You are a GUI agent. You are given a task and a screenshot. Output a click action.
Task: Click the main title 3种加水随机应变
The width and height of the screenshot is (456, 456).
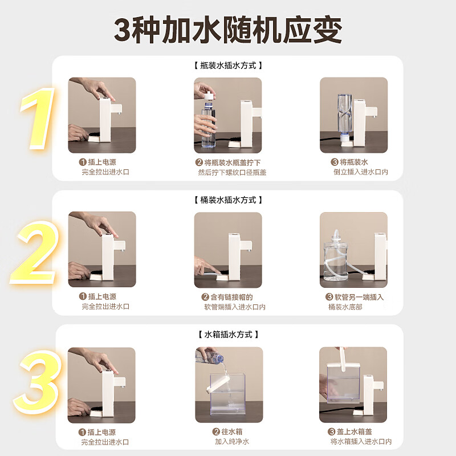[x=228, y=30]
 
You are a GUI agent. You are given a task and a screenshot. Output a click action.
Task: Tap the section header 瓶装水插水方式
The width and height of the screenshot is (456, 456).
[x=228, y=66]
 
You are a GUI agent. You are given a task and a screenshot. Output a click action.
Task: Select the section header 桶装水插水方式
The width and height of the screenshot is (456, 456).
[x=228, y=200]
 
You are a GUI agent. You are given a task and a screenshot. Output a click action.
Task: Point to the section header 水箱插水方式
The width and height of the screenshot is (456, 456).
[x=228, y=335]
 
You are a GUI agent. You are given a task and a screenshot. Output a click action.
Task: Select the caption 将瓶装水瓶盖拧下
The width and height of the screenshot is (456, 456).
[x=231, y=162]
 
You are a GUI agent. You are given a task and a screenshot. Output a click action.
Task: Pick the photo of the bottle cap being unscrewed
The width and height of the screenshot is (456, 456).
[x=228, y=115]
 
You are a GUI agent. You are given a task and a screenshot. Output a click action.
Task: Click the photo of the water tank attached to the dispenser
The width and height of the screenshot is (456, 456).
[x=353, y=385]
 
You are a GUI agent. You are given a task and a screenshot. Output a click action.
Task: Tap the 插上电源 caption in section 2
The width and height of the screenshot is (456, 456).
[x=102, y=297]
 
